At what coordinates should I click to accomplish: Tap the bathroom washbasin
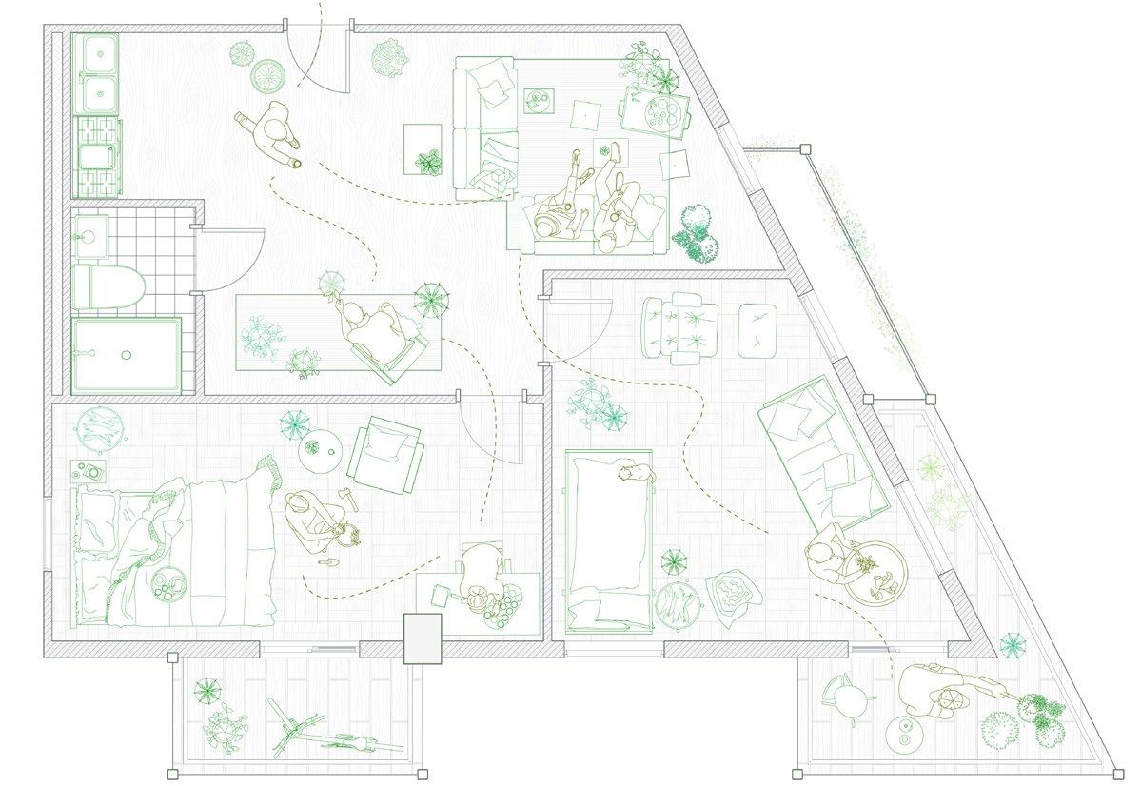click(x=92, y=231)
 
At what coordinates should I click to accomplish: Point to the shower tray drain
click(x=126, y=354)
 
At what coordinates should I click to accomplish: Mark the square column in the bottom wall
click(x=423, y=639)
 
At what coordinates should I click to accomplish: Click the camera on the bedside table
click(x=91, y=470)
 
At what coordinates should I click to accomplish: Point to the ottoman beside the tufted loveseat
click(x=759, y=329)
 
